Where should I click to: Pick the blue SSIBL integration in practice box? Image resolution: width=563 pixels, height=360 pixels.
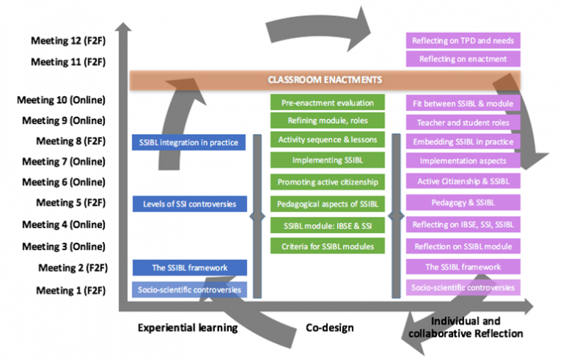tap(188, 142)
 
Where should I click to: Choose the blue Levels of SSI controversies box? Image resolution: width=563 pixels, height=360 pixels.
tap(188, 202)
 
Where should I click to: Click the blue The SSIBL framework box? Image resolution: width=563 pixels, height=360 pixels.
tap(188, 268)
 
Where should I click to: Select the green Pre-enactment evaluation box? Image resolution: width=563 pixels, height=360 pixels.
tap(326, 103)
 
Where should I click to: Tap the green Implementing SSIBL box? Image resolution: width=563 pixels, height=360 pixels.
tap(326, 160)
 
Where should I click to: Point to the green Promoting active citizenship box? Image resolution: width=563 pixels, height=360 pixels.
tap(326, 181)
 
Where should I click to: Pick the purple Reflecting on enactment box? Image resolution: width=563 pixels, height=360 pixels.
tap(463, 59)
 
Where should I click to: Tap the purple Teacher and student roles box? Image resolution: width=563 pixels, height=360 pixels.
tap(463, 122)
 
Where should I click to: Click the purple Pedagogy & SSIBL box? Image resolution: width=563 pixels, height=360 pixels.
tap(463, 202)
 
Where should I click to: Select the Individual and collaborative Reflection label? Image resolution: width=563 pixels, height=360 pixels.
tap(476, 328)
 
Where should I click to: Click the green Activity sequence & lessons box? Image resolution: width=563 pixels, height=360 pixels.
tap(326, 139)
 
